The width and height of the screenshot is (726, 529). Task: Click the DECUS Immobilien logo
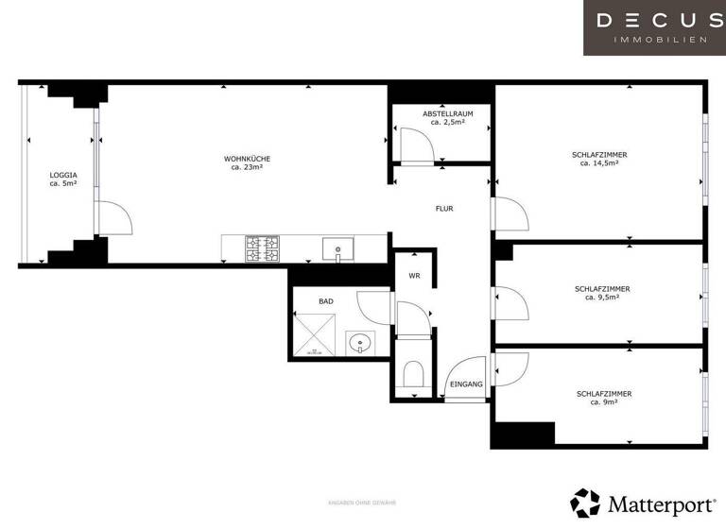(x=653, y=26)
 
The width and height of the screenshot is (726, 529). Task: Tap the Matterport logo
(x=638, y=503)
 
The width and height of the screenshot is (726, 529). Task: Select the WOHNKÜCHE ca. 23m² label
(x=247, y=163)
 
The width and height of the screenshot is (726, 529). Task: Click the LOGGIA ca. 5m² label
(x=63, y=179)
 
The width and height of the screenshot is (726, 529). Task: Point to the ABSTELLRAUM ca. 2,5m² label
(x=447, y=118)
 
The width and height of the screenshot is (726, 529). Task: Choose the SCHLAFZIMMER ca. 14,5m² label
(x=599, y=159)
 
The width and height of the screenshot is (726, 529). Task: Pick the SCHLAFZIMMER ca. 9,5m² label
(x=601, y=293)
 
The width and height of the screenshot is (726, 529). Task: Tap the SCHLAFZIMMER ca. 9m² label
(x=603, y=398)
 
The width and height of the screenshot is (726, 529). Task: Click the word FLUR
(x=443, y=208)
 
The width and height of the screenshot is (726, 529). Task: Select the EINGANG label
(x=466, y=384)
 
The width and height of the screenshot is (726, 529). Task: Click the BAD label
(x=325, y=301)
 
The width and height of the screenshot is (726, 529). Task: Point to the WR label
(x=414, y=276)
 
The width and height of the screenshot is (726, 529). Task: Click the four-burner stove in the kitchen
(x=263, y=248)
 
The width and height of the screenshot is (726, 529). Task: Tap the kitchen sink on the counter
(x=337, y=249)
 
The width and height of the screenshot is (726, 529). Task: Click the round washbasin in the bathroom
(x=359, y=342)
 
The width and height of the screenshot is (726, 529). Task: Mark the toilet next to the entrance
(x=413, y=376)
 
